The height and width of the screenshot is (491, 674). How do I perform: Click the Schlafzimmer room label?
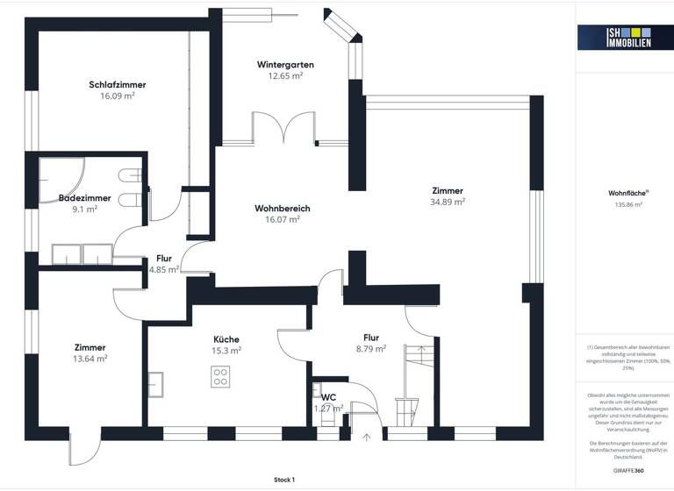tap(117, 84)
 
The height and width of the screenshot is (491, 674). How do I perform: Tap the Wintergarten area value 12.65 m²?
tap(285, 76)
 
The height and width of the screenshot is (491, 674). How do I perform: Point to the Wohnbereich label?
tap(283, 208)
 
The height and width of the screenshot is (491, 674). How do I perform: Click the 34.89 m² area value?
tap(447, 202)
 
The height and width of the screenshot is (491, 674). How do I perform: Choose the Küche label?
tap(226, 338)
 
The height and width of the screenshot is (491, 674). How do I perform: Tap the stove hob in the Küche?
tap(220, 377)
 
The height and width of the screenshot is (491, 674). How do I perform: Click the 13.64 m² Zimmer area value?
tap(90, 358)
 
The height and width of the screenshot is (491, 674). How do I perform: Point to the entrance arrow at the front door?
tap(367, 436)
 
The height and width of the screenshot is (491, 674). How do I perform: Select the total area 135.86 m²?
tap(625, 204)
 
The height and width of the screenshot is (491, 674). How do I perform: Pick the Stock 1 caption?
tap(284, 480)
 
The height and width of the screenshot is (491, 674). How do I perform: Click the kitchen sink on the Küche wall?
tap(156, 384)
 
